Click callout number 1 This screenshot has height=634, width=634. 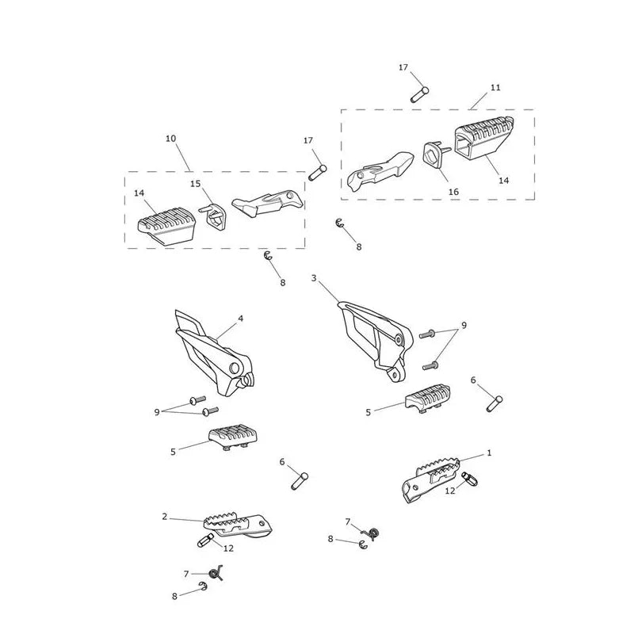pyautogui.click(x=489, y=453)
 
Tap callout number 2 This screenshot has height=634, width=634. pyautogui.click(x=165, y=517)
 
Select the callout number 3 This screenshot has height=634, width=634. pyautogui.click(x=314, y=278)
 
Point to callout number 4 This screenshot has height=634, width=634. pyautogui.click(x=241, y=319)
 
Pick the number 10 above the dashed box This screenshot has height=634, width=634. pyautogui.click(x=171, y=138)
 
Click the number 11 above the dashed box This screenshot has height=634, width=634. pyautogui.click(x=495, y=87)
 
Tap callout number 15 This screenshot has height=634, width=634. pyautogui.click(x=195, y=184)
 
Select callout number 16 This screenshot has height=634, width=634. pyautogui.click(x=453, y=192)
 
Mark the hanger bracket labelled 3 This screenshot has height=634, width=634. pyautogui.click(x=375, y=341)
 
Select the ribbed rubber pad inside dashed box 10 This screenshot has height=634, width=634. pyautogui.click(x=166, y=226)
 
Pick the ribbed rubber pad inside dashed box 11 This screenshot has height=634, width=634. pyautogui.click(x=484, y=140)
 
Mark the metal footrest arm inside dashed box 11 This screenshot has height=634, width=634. pyautogui.click(x=380, y=170)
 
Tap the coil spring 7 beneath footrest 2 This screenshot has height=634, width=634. pyautogui.click(x=215, y=573)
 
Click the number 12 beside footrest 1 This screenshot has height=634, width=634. pyautogui.click(x=450, y=491)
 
